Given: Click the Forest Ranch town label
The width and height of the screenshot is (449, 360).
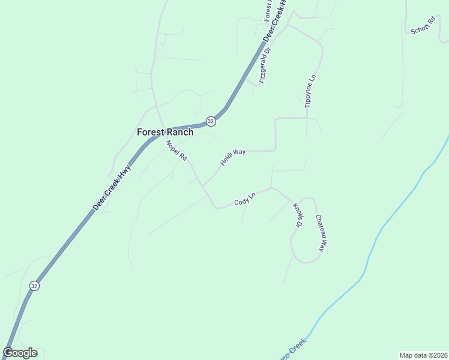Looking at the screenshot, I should click(165, 133).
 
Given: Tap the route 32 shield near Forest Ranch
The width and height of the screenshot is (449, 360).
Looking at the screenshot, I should click(210, 121).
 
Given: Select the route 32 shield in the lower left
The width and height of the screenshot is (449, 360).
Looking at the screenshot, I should click(34, 286).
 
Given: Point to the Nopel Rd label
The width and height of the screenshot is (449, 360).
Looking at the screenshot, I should click(177, 149).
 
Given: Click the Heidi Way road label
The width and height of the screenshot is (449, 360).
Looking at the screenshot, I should click(233, 157).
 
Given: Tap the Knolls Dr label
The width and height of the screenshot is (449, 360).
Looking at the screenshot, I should click(297, 215).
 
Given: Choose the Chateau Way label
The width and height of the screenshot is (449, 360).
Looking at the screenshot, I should click(320, 233).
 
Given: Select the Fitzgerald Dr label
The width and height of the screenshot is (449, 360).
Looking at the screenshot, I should click(264, 65).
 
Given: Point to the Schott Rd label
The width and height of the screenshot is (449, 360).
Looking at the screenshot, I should click(422, 26).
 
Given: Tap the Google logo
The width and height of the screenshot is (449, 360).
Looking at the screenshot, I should click(20, 353).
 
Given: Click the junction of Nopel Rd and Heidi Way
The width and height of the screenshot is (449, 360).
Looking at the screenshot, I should click(202, 185).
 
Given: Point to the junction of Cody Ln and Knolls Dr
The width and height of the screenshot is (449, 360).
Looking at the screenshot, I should click(271, 188).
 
